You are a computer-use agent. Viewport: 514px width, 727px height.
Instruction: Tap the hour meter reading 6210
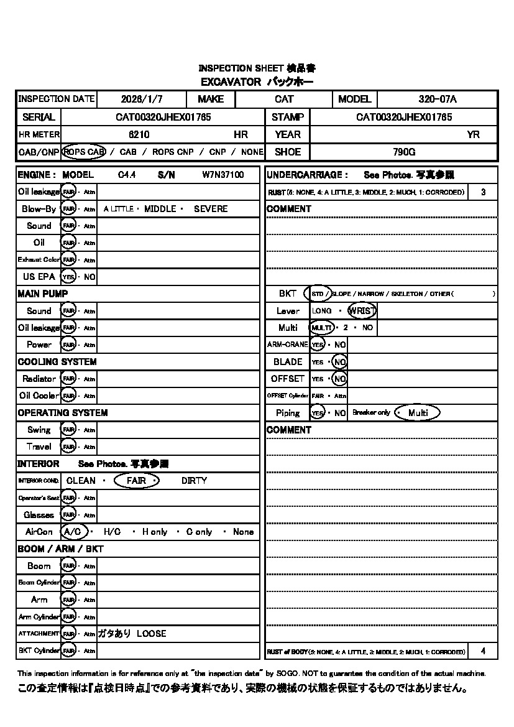tap(139, 134)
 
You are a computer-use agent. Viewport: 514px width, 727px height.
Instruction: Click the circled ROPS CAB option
tap(84, 152)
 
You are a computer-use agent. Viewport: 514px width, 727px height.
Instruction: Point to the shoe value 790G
tap(404, 152)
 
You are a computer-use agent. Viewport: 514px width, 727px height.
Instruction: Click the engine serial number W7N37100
tap(223, 175)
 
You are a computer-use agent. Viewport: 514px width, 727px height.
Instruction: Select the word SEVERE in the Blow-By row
tap(211, 209)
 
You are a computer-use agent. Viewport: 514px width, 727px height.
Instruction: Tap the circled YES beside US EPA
tap(68, 277)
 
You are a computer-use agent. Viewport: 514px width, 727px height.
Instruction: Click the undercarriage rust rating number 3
tap(483, 192)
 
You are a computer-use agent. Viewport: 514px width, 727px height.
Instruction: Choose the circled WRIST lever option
tap(362, 310)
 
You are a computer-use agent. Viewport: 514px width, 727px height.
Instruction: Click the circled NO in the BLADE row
tap(339, 361)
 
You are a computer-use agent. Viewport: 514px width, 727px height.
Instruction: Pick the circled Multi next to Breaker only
tap(418, 413)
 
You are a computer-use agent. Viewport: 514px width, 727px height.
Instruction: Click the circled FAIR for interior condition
tap(137, 481)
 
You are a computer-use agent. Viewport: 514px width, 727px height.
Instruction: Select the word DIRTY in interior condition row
tap(194, 481)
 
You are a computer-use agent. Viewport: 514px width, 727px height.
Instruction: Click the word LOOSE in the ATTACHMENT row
tap(152, 634)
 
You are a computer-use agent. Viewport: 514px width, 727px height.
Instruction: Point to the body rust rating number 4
tap(483, 651)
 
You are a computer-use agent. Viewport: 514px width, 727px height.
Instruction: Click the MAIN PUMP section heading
tap(43, 294)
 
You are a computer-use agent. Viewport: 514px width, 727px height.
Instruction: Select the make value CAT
tap(284, 99)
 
